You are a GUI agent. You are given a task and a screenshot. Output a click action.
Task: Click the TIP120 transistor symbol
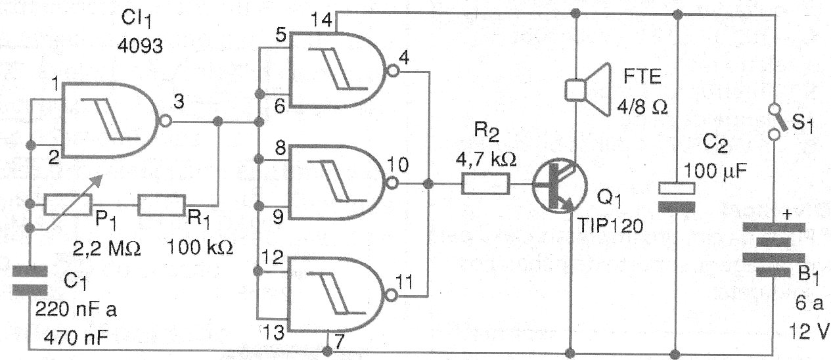[560, 186]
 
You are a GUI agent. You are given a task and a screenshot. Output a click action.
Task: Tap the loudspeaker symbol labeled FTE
[588, 89]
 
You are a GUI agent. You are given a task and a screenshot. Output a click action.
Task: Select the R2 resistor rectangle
[485, 184]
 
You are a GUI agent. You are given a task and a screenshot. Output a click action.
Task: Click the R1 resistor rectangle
[162, 205]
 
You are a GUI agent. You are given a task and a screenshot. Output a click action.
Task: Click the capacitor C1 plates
[30, 281]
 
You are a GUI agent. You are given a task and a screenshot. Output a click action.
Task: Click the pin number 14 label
[321, 20]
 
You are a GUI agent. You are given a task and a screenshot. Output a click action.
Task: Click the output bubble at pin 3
[166, 121]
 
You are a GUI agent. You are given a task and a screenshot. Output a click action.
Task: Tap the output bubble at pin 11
[392, 295]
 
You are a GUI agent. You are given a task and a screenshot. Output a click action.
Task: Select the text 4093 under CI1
[140, 46]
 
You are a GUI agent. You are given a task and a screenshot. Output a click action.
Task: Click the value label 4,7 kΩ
[486, 160]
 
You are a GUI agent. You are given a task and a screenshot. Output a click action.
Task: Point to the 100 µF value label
[715, 171]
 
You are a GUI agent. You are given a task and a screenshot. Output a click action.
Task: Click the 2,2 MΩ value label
[107, 249]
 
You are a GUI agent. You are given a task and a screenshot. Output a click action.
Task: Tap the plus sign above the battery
[786, 215]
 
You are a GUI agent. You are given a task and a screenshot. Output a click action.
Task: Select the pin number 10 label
[397, 164]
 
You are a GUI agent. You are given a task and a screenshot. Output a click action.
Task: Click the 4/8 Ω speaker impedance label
[642, 107]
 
